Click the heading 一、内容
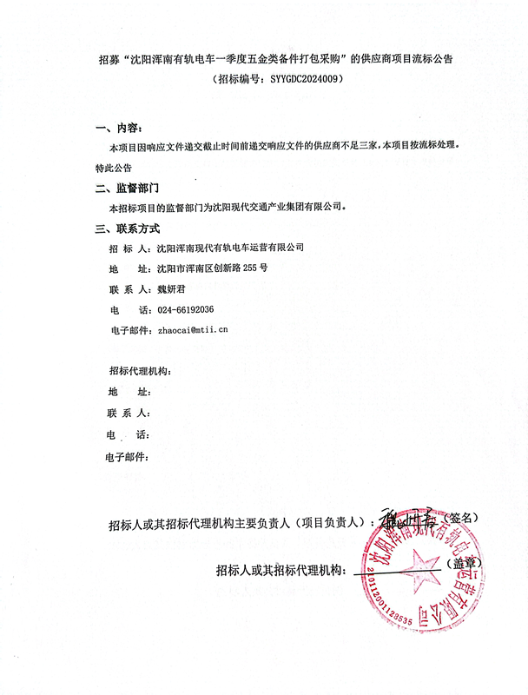tap(116, 128)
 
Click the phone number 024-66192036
tap(185, 309)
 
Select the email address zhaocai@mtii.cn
tap(192, 330)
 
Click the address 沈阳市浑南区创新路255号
tap(212, 268)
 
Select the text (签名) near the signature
tap(458, 517)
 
